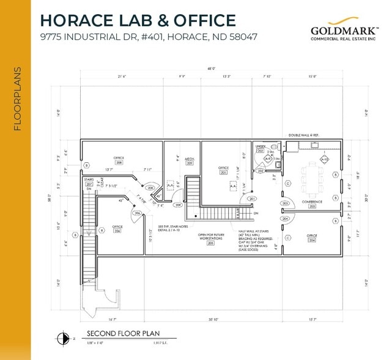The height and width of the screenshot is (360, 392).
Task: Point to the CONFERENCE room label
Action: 312,204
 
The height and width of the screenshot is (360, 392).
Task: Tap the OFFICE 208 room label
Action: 119,160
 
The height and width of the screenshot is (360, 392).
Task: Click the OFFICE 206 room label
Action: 117,228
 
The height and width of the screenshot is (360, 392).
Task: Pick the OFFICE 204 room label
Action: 312,238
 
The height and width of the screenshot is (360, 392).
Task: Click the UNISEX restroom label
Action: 260,148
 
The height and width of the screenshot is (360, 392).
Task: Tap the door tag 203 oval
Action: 284,203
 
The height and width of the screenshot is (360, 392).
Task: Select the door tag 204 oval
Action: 284,218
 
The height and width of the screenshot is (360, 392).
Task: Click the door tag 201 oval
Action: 251,199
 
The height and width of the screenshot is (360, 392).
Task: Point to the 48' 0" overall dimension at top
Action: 211,69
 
